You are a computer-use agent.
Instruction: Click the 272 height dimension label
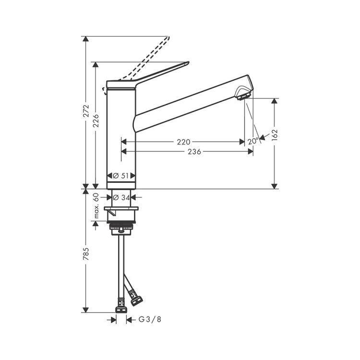point(86,111)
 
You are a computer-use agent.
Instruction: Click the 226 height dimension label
point(96,121)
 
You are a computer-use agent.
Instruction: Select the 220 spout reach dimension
point(183,142)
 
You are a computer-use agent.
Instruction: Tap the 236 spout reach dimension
point(194,152)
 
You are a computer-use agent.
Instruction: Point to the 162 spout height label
point(275,135)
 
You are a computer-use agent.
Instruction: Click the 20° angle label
point(253,141)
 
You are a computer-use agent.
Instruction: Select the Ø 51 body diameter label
point(121,176)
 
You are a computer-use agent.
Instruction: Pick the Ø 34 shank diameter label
point(121,197)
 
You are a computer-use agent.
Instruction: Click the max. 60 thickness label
point(96,206)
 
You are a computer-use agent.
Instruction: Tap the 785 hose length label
point(86,254)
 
